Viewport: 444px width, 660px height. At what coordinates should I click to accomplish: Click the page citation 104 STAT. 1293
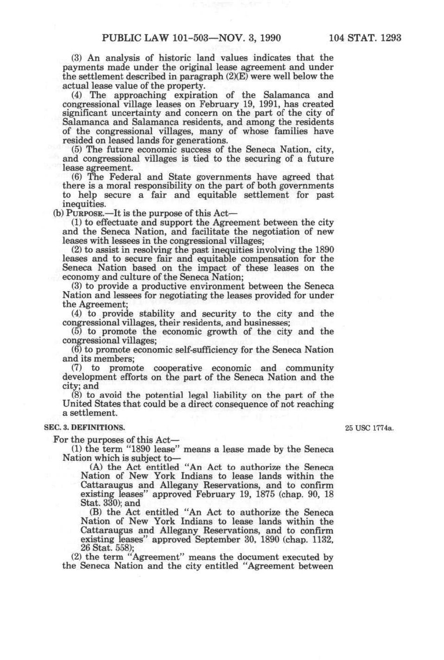[365, 38]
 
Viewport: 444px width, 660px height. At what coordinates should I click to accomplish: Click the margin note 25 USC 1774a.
[369, 428]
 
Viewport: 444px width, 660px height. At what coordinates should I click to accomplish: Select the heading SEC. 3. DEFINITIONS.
[84, 428]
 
